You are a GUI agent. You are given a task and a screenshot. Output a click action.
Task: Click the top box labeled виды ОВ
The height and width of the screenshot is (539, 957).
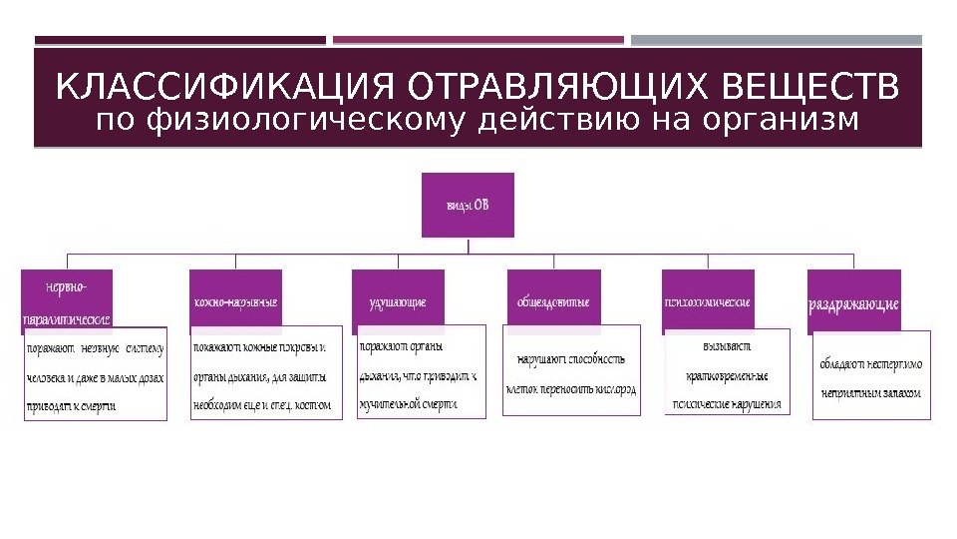468,206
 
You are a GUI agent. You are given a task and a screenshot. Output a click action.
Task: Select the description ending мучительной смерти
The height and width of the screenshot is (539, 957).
421,375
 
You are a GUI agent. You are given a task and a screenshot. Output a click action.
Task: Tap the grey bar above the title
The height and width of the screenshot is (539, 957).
777,41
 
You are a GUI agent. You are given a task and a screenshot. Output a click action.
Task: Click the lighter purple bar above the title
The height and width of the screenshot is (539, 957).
478,41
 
